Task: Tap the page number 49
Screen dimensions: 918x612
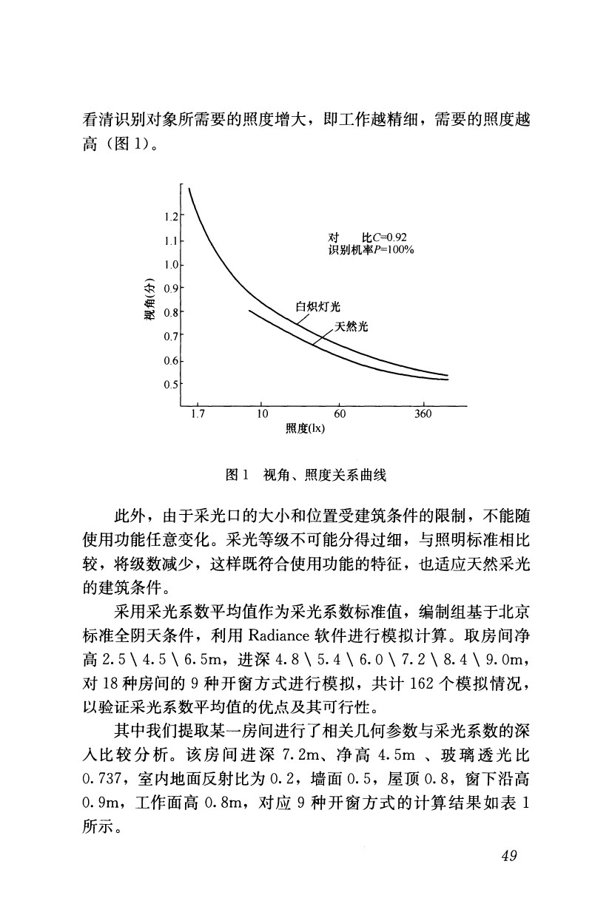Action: [x=508, y=856]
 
